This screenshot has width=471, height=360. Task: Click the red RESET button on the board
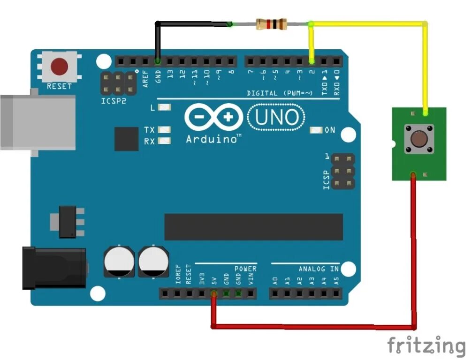(59, 66)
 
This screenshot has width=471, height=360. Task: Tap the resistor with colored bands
(271, 23)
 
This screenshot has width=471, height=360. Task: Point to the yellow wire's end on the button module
(425, 112)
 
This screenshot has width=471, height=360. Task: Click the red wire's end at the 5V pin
(213, 294)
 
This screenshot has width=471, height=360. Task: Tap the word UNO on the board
(277, 117)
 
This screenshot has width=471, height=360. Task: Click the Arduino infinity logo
(213, 117)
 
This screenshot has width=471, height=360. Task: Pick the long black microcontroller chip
(253, 227)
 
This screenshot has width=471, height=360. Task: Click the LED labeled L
(164, 108)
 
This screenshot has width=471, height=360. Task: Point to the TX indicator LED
(164, 130)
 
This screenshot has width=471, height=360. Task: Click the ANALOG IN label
(319, 269)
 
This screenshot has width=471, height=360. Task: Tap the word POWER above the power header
(245, 269)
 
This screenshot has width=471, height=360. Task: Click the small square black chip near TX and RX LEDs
(126, 139)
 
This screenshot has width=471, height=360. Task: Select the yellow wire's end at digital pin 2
(311, 61)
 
